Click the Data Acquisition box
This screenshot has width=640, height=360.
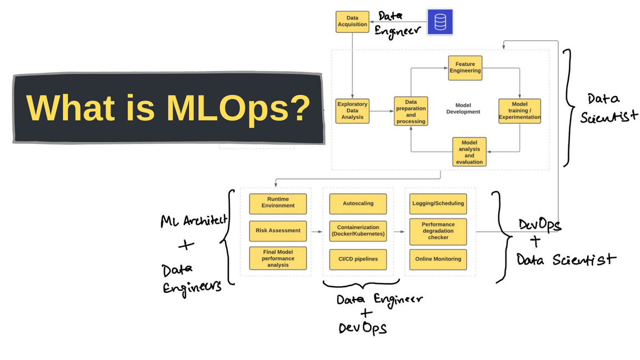[x=352, y=22]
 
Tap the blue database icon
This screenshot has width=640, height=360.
[x=440, y=22]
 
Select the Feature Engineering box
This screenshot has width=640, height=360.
[x=465, y=68]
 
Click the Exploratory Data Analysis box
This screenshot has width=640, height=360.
[x=352, y=111]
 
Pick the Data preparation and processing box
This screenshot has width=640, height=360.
[x=411, y=111]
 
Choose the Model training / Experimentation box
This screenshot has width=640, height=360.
[x=519, y=111]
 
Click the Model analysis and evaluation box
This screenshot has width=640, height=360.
[x=469, y=152]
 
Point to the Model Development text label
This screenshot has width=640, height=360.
[x=463, y=108]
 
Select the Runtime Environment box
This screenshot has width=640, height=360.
[x=278, y=203]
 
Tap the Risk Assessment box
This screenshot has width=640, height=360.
[x=278, y=230]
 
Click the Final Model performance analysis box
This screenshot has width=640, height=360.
[x=278, y=258]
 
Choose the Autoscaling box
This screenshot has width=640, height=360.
[x=358, y=203]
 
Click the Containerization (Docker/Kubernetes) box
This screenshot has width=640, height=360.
[x=358, y=231]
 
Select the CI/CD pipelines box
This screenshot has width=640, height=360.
[x=358, y=259]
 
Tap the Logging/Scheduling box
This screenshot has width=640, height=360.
[x=438, y=203]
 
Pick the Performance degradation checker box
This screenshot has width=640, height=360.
[x=438, y=231]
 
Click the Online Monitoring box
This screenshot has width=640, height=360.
[x=438, y=259]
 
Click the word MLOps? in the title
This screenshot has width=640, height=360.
[x=237, y=108]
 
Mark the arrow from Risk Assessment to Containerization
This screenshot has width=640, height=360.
[x=316, y=231]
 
